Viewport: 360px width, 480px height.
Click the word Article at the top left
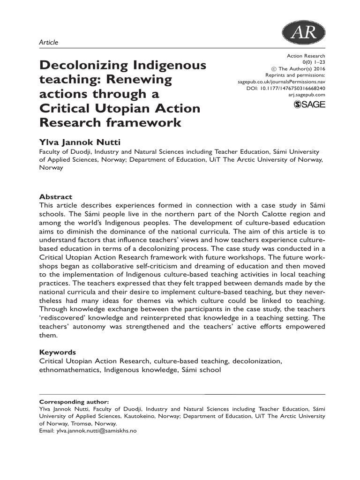click(x=49, y=42)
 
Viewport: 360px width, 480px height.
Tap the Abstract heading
click(x=55, y=197)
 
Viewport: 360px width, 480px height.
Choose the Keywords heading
click(x=57, y=352)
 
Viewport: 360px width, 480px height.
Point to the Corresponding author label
click(x=74, y=402)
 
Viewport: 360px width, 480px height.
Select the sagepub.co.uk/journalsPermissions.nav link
click(x=282, y=82)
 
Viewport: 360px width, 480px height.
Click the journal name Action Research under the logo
click(x=306, y=55)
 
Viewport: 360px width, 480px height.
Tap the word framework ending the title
click(x=144, y=123)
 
